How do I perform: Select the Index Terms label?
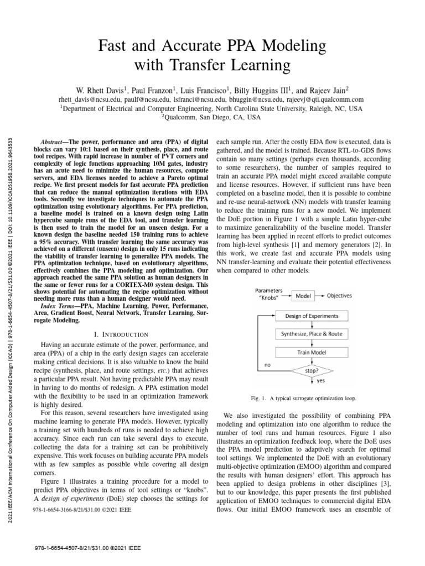point(59,306)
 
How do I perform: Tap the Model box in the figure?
point(303,296)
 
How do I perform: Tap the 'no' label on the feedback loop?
point(267,365)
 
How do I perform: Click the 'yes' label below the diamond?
point(320,380)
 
